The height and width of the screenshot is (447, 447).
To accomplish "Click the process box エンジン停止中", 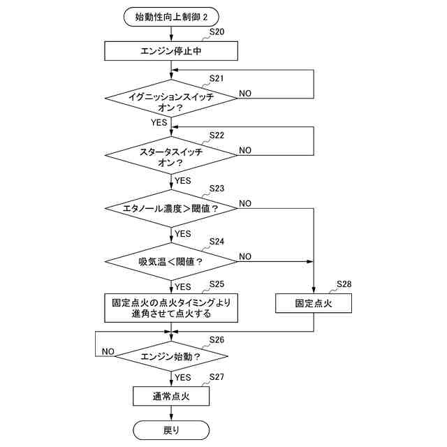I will pyautogui.click(x=171, y=51).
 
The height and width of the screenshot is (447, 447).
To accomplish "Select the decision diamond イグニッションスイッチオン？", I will pyautogui.click(x=171, y=102).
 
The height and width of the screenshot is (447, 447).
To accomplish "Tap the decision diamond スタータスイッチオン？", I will pyautogui.click(x=171, y=156).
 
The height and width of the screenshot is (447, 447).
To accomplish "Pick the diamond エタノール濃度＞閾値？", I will pyautogui.click(x=171, y=208).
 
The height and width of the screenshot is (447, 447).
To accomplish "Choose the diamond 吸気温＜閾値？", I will pyautogui.click(x=171, y=262).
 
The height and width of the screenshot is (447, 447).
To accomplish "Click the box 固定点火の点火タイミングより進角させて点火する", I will pyautogui.click(x=171, y=308).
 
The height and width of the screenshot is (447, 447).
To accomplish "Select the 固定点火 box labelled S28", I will pyautogui.click(x=313, y=304).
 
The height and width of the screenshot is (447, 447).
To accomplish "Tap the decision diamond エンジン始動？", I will pyautogui.click(x=171, y=356).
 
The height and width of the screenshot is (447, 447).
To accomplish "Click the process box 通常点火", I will pyautogui.click(x=171, y=397).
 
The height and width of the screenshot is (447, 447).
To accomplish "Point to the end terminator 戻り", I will pyautogui.click(x=171, y=430).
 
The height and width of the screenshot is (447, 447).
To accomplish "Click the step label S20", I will pyautogui.click(x=217, y=33).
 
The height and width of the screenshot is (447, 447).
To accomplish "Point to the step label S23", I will pyautogui.click(x=217, y=189).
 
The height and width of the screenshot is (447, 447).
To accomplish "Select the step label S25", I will pyautogui.click(x=217, y=284).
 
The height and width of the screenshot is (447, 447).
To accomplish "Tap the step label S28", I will pyautogui.click(x=344, y=284).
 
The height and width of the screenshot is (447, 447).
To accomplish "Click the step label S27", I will pyautogui.click(x=217, y=378).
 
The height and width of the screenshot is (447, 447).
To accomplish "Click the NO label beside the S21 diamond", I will pyautogui.click(x=246, y=93).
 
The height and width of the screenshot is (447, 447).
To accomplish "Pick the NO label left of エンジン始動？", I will pyautogui.click(x=108, y=351).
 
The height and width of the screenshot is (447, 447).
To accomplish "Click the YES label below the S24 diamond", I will pyautogui.click(x=183, y=286).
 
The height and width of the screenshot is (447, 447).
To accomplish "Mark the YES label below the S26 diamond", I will pyautogui.click(x=183, y=377).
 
